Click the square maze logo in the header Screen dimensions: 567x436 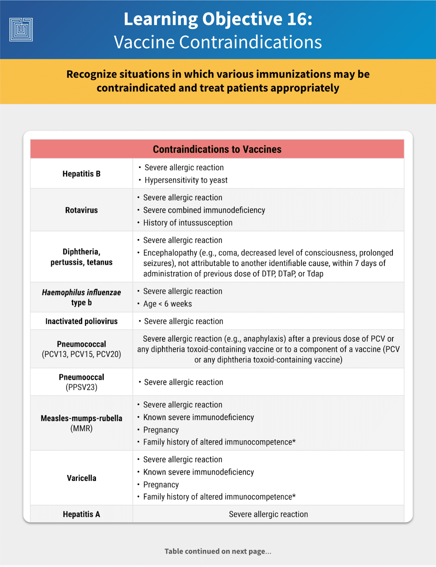21,29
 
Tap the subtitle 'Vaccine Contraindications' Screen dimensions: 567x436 218,42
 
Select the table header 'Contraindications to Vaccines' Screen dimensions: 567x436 217,149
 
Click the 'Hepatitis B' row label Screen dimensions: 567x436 81,174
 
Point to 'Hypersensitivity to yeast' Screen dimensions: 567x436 186,180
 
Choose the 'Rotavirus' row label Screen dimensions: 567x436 81,210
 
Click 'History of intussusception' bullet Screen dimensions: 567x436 188,223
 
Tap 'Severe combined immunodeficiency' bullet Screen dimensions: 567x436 204,210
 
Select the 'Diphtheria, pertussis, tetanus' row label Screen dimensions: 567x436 81,257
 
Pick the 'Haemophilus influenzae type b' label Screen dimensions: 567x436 81,297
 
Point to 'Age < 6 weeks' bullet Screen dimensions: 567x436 167,304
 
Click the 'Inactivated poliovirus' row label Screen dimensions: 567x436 81,321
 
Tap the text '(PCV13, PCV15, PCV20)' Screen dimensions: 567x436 81,354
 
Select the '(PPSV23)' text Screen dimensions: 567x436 81,387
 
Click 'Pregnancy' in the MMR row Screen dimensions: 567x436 161,430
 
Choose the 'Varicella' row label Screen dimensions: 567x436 81,478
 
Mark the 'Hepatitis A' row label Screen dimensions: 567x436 81,514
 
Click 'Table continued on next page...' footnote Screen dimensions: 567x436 218,551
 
